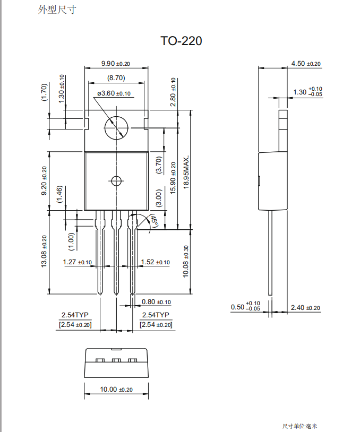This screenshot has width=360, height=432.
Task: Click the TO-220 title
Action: click(181, 41)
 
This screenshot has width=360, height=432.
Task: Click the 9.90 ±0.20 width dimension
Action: click(116, 64)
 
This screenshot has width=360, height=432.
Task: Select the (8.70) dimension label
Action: click(116, 77)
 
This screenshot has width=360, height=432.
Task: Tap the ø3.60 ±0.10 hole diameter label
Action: click(114, 93)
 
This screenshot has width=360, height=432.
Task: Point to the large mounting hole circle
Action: click(116, 127)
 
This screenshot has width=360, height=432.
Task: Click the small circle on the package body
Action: click(116, 181)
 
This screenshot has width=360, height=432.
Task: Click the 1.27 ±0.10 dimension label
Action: click(78, 262)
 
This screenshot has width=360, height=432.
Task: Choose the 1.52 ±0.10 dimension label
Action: click(155, 262)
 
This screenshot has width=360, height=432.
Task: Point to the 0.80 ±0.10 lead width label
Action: click(156, 302)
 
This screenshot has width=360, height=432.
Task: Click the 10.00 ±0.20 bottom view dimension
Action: click(116, 390)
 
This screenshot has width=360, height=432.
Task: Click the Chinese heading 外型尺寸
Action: click(53, 10)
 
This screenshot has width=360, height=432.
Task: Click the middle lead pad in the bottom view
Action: click(116, 361)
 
